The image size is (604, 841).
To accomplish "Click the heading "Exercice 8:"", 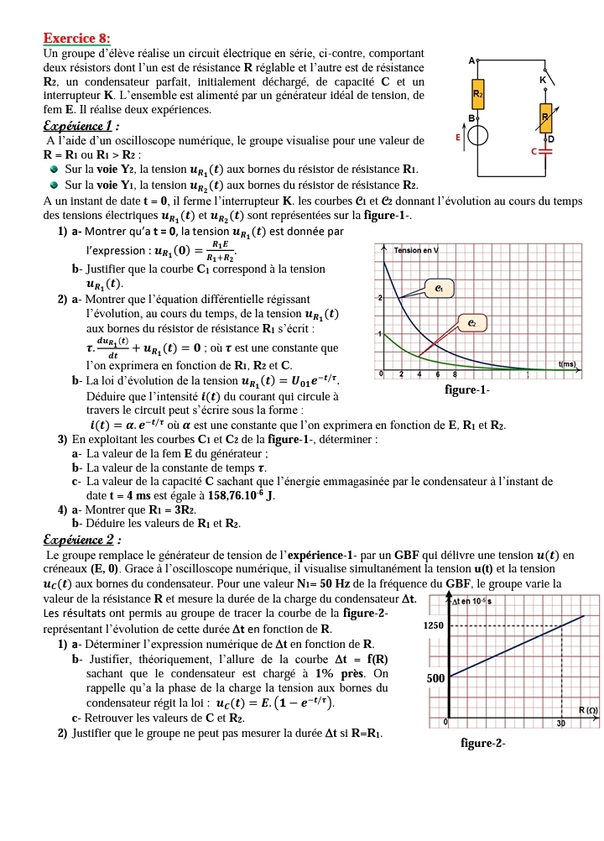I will [x=76, y=38].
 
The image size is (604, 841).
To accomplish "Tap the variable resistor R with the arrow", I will [x=545, y=118].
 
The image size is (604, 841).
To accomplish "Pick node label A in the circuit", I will [x=471, y=60].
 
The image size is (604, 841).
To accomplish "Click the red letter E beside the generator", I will [x=457, y=136].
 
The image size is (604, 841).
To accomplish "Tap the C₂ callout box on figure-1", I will [x=472, y=322].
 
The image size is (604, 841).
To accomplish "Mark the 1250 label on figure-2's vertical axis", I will [x=432, y=626].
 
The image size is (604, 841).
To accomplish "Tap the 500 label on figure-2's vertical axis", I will [x=435, y=677].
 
